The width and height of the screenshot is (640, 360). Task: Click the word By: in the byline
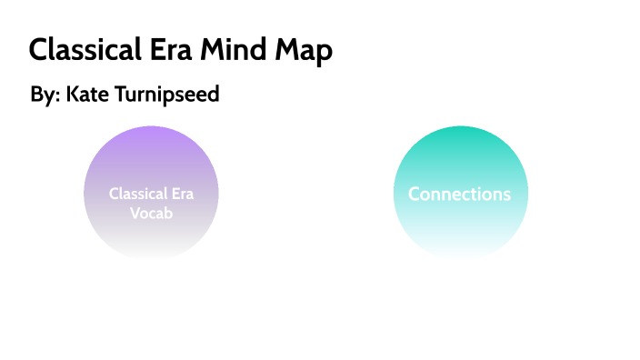44,95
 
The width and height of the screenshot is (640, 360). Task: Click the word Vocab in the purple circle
151,213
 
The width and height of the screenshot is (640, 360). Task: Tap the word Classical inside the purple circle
138,194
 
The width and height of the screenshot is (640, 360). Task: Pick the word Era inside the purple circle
181,194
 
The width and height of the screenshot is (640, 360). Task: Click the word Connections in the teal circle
459,194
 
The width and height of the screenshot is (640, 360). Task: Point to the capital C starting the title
38,50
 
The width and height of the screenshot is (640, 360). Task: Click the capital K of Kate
72,94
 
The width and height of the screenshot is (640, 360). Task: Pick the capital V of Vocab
135,213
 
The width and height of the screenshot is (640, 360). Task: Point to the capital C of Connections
414,194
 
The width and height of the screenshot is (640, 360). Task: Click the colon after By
56,96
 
